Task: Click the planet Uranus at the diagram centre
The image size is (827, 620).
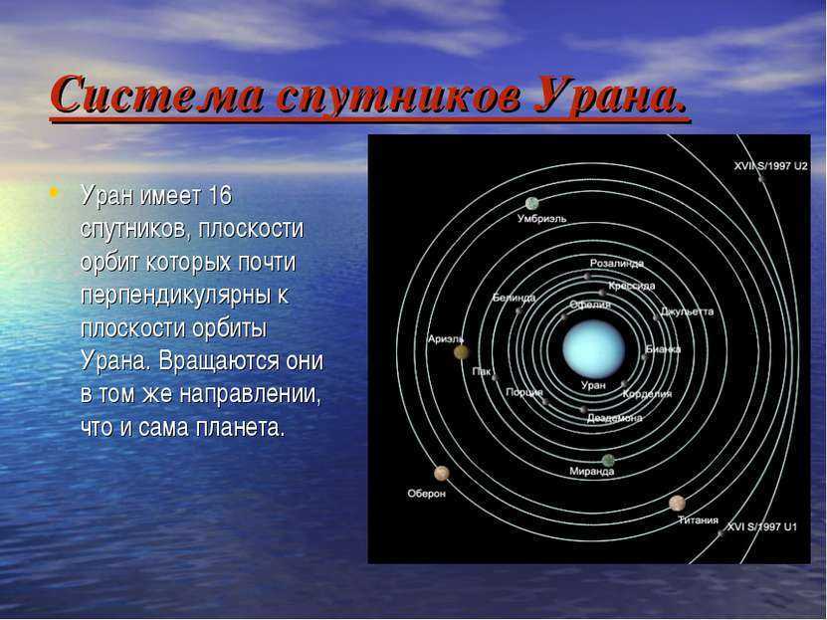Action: point(594,348)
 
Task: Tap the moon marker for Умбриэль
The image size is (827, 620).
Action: point(532,203)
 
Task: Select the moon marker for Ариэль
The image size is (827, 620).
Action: point(462,352)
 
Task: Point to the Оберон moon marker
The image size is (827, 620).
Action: point(442,474)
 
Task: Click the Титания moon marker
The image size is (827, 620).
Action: point(677,503)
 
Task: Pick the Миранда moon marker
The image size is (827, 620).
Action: point(608,460)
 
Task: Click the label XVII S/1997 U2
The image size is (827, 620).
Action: point(770,166)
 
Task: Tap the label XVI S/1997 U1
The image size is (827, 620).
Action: point(762,526)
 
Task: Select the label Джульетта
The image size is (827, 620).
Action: point(688,311)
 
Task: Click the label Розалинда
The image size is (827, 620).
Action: point(617,263)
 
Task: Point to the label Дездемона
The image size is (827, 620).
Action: point(614,418)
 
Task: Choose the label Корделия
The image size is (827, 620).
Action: point(647,394)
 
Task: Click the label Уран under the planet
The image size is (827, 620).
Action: point(593,385)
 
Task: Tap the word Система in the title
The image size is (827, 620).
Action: point(157,95)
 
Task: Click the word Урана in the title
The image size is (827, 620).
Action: point(612,96)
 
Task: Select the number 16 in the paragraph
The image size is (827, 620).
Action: point(220,196)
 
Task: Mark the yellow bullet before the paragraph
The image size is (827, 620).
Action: point(53,192)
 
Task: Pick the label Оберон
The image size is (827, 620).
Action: point(427,494)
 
